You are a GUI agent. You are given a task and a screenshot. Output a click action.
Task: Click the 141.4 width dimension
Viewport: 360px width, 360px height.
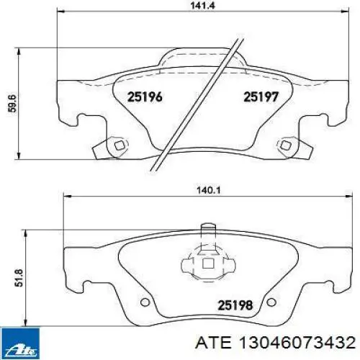pos(203,5)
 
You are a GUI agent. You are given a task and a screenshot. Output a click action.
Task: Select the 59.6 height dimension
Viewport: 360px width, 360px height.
pos(12,104)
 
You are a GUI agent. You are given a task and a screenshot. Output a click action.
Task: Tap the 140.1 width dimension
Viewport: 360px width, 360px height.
pos(208,191)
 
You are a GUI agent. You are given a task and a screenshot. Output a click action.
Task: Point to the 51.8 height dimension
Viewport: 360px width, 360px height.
pos(19,278)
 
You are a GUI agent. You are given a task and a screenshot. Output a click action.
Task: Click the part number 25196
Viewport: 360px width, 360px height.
pos(145,97)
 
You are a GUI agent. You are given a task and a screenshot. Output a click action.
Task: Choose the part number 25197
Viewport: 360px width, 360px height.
pos(261,97)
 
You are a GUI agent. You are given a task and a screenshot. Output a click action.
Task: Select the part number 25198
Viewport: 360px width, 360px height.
pos(235,305)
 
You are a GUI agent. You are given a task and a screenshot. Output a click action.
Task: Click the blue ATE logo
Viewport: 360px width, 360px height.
pos(20,343)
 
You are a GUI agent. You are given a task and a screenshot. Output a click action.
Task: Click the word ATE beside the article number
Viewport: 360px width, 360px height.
pos(213,342)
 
